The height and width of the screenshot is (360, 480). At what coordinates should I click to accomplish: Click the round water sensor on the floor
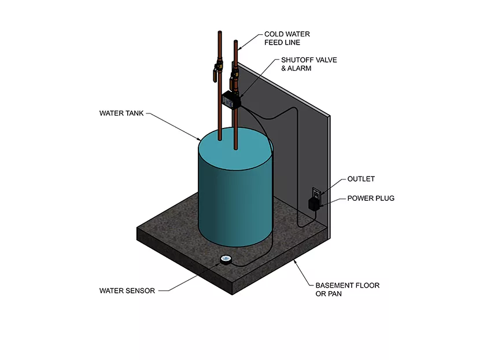tap(226, 260)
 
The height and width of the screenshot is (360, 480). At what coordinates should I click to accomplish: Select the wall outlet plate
tap(316, 194)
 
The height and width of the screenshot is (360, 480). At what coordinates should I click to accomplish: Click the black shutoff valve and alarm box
tap(231, 99)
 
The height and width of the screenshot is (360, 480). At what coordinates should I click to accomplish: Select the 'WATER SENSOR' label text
tap(127, 291)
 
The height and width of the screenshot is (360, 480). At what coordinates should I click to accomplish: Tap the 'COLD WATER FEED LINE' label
tap(285, 38)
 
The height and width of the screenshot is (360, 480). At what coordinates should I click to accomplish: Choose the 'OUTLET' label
tap(361, 179)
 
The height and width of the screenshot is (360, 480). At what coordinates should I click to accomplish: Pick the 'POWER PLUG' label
tap(371, 199)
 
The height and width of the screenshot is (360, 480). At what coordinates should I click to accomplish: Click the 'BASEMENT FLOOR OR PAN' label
tap(348, 290)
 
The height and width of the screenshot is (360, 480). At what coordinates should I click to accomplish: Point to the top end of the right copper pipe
tap(235, 42)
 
